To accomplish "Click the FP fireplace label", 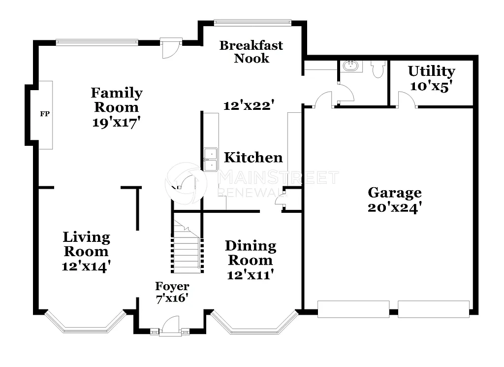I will pos(45,114).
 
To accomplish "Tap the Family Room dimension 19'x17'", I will pos(117,123).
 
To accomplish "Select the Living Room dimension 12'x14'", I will pos(86,267).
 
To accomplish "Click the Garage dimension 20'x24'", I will pos(395,207).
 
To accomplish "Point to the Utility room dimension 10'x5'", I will pos(431,86).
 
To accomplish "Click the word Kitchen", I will pos(253,158).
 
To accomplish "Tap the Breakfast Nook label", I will pos(251,52).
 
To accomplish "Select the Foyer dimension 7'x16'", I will pos(172,298).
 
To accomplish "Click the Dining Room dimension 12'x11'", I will pos(250,275).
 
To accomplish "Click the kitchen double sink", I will pos(211,160).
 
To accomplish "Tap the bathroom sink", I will pos(351,66).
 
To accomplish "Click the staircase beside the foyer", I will pos(187,249).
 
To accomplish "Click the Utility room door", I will pos(407,100).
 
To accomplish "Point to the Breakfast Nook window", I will pos(252,22).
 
